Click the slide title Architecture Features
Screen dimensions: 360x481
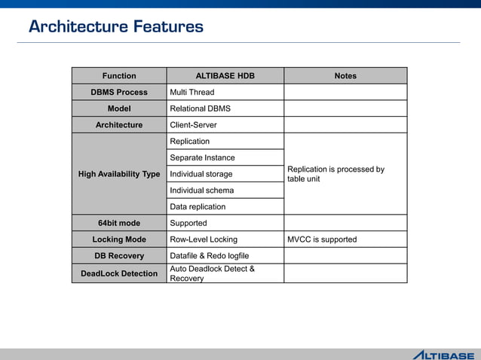tap(115, 27)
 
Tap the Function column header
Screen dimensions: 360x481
tap(119, 75)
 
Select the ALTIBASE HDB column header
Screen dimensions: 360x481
tap(225, 75)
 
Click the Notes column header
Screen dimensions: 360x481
tap(345, 75)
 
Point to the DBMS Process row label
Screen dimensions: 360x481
tap(119, 92)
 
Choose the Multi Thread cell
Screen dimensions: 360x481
tap(192, 92)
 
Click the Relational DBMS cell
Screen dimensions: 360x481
tap(201, 108)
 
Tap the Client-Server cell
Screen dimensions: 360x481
tap(194, 125)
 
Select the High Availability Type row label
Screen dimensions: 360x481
tap(119, 174)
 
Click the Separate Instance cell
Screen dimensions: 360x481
tap(202, 157)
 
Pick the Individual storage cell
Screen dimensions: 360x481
tap(201, 174)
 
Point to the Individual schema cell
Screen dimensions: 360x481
tap(201, 191)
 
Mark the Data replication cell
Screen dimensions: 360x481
tap(198, 206)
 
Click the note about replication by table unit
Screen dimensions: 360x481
tap(335, 174)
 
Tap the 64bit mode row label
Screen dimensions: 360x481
tap(119, 223)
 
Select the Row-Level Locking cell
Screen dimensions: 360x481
tap(204, 239)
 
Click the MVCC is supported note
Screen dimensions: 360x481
tap(322, 239)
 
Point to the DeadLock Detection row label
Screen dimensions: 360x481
tap(119, 273)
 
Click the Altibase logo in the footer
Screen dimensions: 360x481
tap(443, 355)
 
